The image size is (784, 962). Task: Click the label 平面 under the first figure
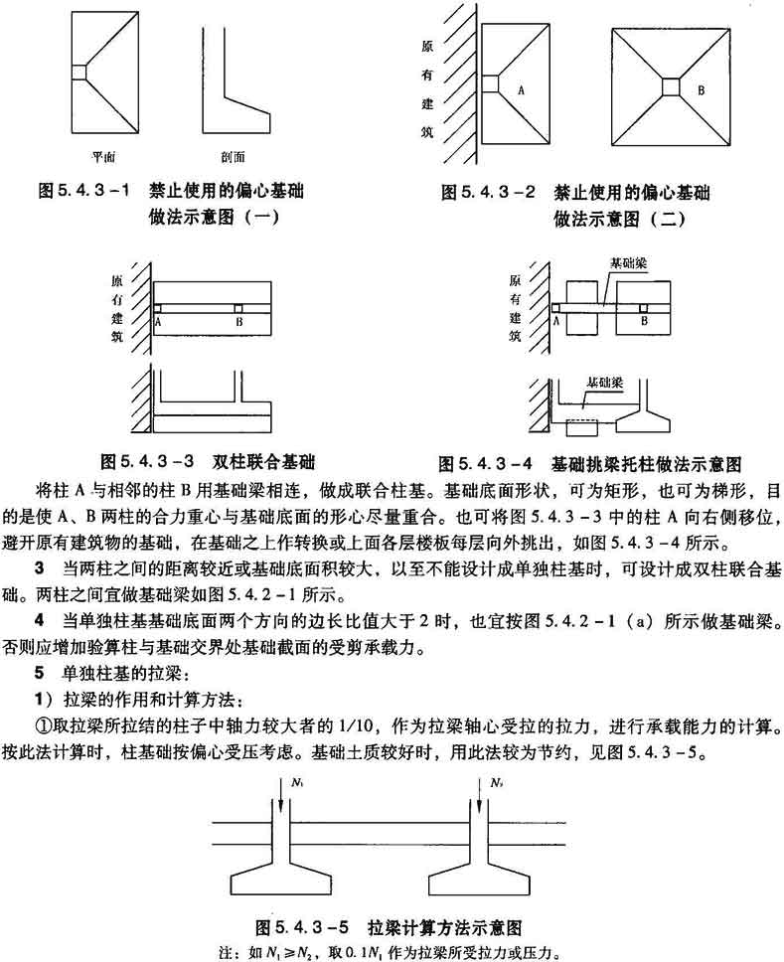tap(99, 156)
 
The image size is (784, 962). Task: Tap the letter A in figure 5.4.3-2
tap(520, 88)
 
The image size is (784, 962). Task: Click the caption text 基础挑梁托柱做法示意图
tap(648, 463)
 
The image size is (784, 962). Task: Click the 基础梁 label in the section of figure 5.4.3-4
tap(604, 381)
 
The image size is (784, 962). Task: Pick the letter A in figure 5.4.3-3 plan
tap(159, 322)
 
